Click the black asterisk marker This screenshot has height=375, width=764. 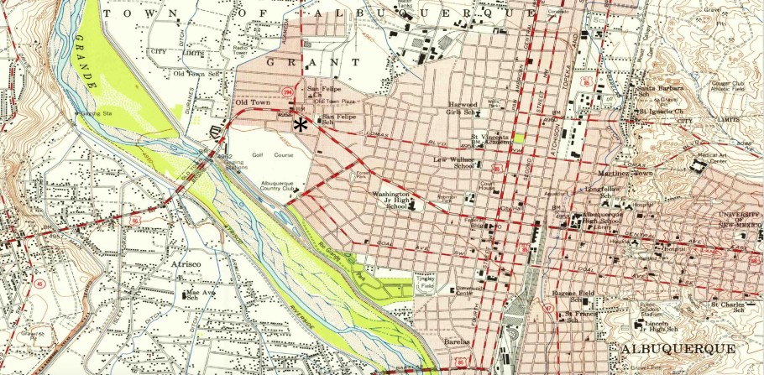pyautogui.click(x=301, y=124)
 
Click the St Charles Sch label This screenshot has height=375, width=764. pyautogui.click(x=728, y=307)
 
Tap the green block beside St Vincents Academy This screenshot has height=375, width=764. pyautogui.click(x=519, y=137)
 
